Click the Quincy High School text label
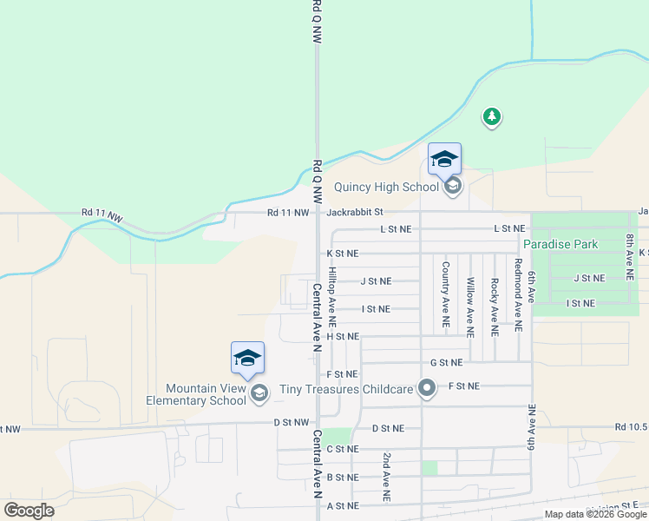point(386,187)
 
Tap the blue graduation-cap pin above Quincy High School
point(444,160)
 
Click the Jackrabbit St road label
point(355,212)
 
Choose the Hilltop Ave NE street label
point(332,300)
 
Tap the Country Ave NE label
point(445,294)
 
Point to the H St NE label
point(342,336)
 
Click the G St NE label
point(446,362)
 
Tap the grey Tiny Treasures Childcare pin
point(426,388)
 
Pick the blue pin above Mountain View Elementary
point(247,359)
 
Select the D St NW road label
point(291,423)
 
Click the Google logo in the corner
point(29,510)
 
